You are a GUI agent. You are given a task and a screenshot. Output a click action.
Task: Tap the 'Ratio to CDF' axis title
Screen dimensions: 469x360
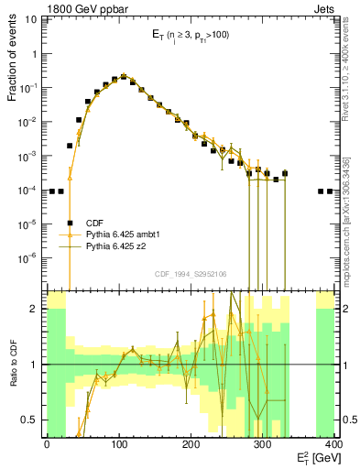[12, 364]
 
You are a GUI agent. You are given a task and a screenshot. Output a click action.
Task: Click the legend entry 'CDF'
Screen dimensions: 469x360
[95, 222]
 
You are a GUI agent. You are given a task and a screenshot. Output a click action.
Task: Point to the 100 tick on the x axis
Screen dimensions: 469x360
[118, 445]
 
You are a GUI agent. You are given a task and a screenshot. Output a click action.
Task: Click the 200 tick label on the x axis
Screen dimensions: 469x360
[191, 445]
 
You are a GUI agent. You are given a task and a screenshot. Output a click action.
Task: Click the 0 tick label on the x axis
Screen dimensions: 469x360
[47, 445]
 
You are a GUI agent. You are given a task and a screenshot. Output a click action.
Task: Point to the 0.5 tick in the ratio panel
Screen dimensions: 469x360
[32, 420]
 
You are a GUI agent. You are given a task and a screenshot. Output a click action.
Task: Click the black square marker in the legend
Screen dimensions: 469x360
[70, 222]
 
